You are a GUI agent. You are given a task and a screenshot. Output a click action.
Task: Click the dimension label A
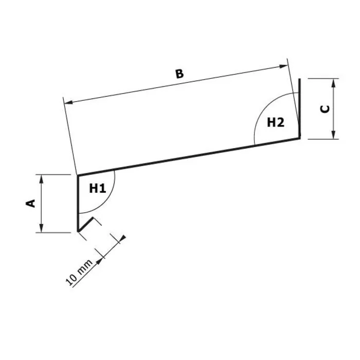pos(31,204)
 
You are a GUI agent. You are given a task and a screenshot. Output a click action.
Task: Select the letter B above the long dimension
pos(178,74)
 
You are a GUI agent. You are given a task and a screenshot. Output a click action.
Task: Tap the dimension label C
pos(325,109)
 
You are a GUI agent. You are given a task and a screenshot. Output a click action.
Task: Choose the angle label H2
pos(275,122)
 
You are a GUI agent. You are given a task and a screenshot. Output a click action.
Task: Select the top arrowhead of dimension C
pos(334,81)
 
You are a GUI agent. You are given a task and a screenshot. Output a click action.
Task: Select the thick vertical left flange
pos(78,203)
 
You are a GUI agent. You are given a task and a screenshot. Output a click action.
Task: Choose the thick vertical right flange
pos(299,108)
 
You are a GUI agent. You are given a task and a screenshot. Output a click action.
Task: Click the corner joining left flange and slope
pos(78,176)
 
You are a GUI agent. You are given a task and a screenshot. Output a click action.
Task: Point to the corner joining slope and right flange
pos(299,137)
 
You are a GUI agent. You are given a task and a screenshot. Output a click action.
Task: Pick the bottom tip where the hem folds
pos(78,231)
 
